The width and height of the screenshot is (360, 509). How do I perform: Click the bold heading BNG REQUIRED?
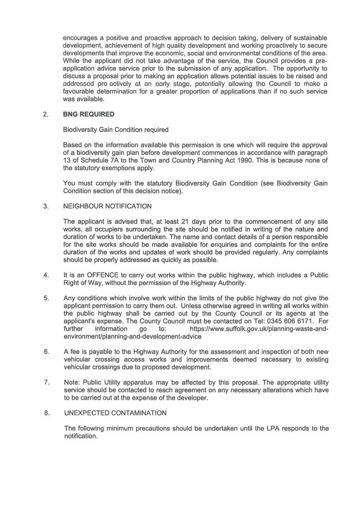click(89, 114)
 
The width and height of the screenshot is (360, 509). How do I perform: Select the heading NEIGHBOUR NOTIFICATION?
click(108, 206)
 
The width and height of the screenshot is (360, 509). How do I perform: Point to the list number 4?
click(46, 275)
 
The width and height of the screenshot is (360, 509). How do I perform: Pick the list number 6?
click(46, 351)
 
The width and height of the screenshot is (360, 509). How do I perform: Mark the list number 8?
click(46, 413)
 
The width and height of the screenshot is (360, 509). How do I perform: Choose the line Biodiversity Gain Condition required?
click(115, 130)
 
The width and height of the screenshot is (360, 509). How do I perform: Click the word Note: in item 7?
click(73, 382)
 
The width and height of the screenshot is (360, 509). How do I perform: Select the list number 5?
click(46, 298)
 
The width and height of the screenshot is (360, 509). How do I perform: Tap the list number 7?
click(46, 382)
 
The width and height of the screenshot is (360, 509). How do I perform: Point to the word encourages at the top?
click(82, 38)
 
